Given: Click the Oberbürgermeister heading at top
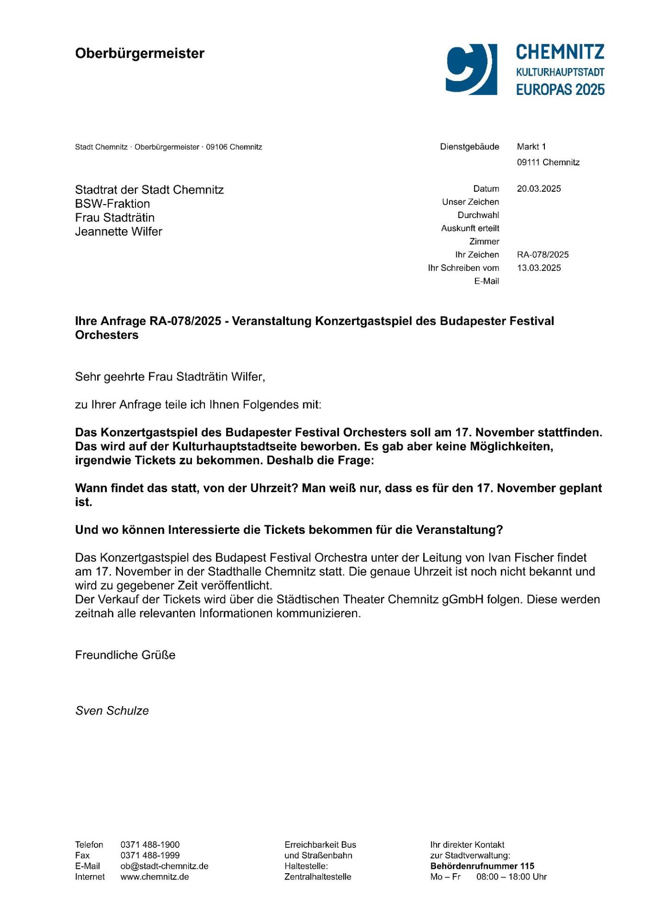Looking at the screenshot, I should [139, 53].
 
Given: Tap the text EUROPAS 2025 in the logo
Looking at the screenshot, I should [560, 90].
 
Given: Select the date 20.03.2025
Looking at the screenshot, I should [539, 189].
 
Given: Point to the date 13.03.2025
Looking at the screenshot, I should [539, 268].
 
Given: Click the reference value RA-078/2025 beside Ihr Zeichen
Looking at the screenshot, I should [542, 255].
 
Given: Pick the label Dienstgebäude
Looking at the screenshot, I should [469, 147].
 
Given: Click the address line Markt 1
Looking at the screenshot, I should [531, 147].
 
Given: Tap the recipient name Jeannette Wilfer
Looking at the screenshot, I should [118, 231].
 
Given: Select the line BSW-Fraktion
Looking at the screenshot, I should [112, 204].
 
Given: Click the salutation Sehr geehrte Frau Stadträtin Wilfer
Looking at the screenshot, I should [170, 377].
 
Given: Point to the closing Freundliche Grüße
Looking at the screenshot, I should [125, 655].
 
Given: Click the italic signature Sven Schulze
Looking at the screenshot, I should [112, 711].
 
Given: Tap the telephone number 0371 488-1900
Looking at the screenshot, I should [150, 845].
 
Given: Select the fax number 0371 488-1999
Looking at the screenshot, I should [150, 855].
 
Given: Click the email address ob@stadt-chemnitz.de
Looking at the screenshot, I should [164, 866].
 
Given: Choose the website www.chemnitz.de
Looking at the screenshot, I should [154, 877].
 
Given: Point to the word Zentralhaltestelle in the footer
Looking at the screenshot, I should [317, 877].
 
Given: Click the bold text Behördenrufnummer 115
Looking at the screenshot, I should [482, 866].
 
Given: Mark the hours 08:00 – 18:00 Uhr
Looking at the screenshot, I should [511, 877].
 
